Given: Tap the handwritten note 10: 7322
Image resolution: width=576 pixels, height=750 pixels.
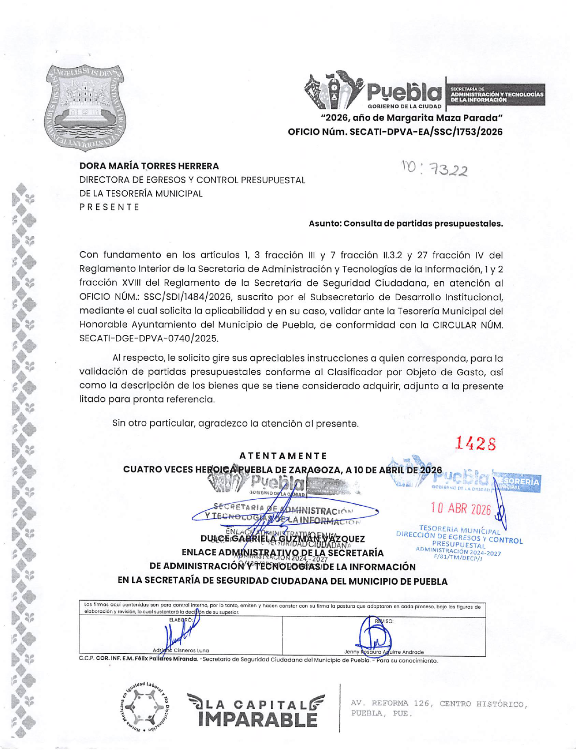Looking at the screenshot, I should click(434, 169).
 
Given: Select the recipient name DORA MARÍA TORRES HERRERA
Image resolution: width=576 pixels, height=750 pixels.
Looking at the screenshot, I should click(149, 166).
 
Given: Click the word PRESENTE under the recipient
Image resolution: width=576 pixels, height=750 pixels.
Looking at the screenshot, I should click(109, 207).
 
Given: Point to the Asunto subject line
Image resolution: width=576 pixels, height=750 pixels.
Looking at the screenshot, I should click(406, 224).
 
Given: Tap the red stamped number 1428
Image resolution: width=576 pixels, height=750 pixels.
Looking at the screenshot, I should click(475, 443).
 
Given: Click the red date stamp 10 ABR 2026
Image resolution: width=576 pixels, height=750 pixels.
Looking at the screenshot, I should click(461, 509).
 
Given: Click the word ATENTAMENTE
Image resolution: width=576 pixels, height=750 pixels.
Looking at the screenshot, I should click(283, 456).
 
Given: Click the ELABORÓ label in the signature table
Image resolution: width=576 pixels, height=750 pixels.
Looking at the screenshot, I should click(181, 620).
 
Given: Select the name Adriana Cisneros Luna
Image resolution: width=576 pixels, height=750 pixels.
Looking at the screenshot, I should click(181, 651).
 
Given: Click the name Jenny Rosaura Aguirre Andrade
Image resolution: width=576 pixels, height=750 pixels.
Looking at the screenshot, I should click(383, 652).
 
